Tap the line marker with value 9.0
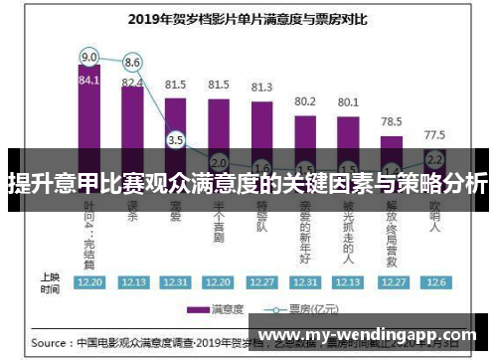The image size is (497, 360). click(x=89, y=56)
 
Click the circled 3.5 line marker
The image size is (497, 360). click(x=176, y=140)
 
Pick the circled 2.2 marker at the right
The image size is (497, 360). click(x=434, y=158)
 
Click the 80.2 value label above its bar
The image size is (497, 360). click(x=305, y=101)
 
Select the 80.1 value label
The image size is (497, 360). click(x=348, y=101)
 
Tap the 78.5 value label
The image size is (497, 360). click(x=392, y=121)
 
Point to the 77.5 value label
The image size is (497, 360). click(x=434, y=134)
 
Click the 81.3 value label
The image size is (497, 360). click(x=261, y=88)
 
